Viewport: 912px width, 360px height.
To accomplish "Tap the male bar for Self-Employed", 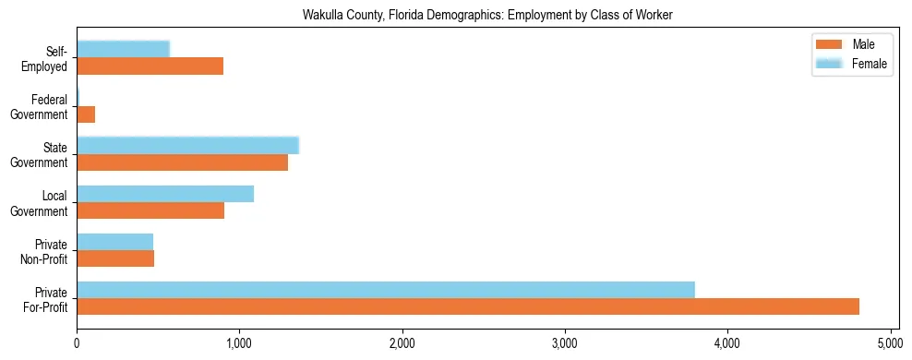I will point(150,66).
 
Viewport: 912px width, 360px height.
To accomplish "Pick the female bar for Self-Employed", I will point(123,49).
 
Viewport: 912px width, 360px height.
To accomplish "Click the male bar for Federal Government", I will point(86,114).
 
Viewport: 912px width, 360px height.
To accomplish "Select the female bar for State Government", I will point(187,145).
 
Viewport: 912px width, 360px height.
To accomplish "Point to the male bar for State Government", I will point(182,162).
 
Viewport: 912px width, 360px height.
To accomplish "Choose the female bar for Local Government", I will point(165,194).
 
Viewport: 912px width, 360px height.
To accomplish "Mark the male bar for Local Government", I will point(150,210).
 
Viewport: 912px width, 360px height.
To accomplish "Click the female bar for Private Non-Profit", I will point(115,242).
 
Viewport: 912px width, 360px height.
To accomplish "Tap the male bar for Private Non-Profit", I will point(115,258).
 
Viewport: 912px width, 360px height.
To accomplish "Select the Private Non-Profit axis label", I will point(46,251).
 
